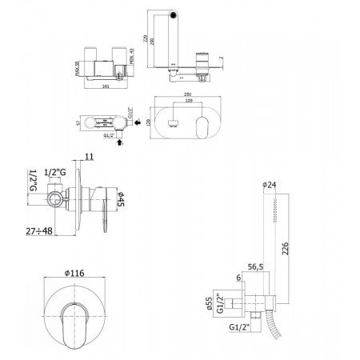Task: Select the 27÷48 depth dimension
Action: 38,231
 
